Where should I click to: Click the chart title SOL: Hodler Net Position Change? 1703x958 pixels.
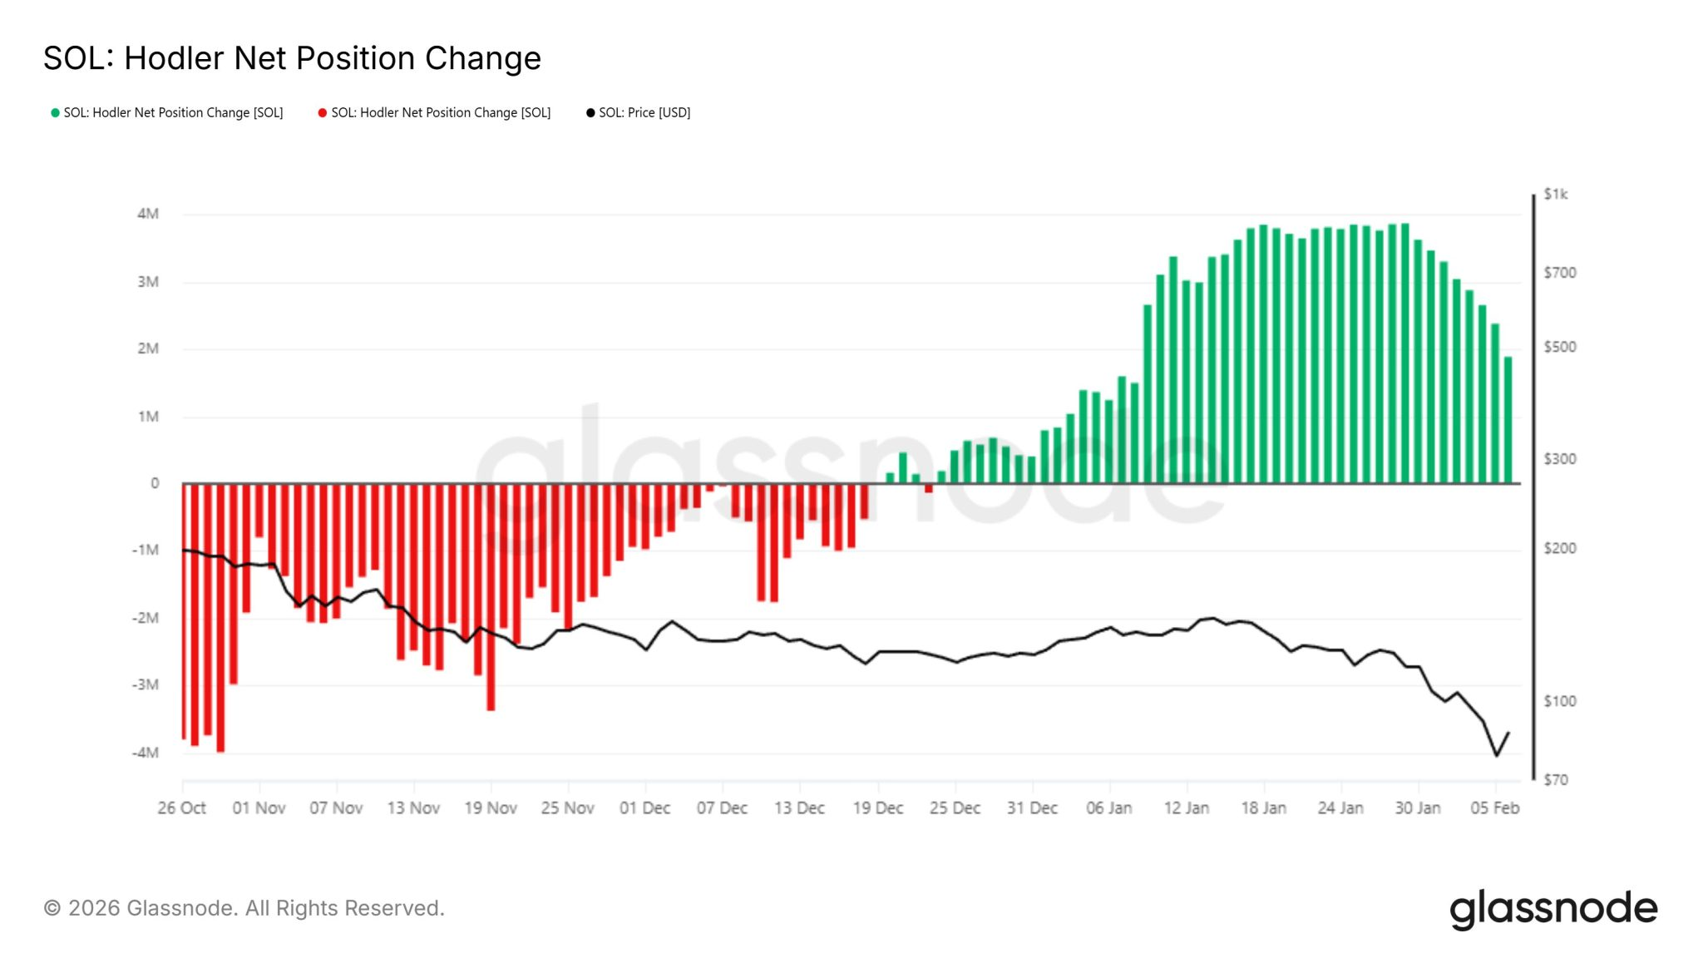[x=292, y=58]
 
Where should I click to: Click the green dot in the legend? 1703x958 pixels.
[x=55, y=113]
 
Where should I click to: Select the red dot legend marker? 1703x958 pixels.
[x=323, y=113]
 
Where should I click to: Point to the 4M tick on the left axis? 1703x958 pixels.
[x=148, y=214]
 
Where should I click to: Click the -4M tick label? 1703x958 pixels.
[x=146, y=753]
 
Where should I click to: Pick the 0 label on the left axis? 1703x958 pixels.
[x=155, y=483]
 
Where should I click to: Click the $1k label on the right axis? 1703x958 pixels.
[x=1555, y=194]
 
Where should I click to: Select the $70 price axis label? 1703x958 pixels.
[x=1555, y=780]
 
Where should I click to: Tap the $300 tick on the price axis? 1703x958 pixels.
[x=1559, y=459]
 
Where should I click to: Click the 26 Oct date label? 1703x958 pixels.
[x=181, y=807]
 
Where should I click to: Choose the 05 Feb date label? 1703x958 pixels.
[x=1494, y=807]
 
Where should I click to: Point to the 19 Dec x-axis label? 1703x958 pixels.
[x=877, y=807]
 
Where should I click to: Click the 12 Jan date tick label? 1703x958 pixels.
[x=1186, y=807]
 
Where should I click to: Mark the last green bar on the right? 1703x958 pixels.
[x=1508, y=420]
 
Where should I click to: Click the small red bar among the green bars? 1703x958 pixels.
[x=929, y=488]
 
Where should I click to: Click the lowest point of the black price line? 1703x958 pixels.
[x=1497, y=755]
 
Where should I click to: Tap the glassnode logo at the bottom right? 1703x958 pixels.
[x=1552, y=909]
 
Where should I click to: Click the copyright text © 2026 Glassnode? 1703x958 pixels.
[x=244, y=908]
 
